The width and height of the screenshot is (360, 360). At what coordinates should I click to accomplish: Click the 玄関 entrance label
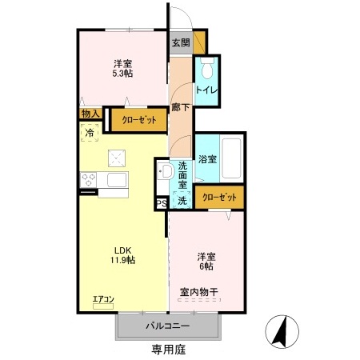179,44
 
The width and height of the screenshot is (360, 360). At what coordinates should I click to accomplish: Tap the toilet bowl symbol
207,66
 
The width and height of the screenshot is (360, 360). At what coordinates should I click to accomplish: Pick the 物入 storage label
90,114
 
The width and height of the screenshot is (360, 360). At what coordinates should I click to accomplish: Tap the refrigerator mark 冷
90,132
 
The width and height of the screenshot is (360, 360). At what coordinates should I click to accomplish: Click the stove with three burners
88,179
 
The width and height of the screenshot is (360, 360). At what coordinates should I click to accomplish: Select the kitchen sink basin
117,179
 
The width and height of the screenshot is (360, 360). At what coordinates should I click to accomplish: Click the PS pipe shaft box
162,204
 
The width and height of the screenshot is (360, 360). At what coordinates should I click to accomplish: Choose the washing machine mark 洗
182,201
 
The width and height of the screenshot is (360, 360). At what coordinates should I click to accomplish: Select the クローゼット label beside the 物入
139,121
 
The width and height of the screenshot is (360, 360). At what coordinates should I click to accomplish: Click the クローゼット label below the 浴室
218,196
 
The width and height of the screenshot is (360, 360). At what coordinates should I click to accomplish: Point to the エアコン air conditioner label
104,299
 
